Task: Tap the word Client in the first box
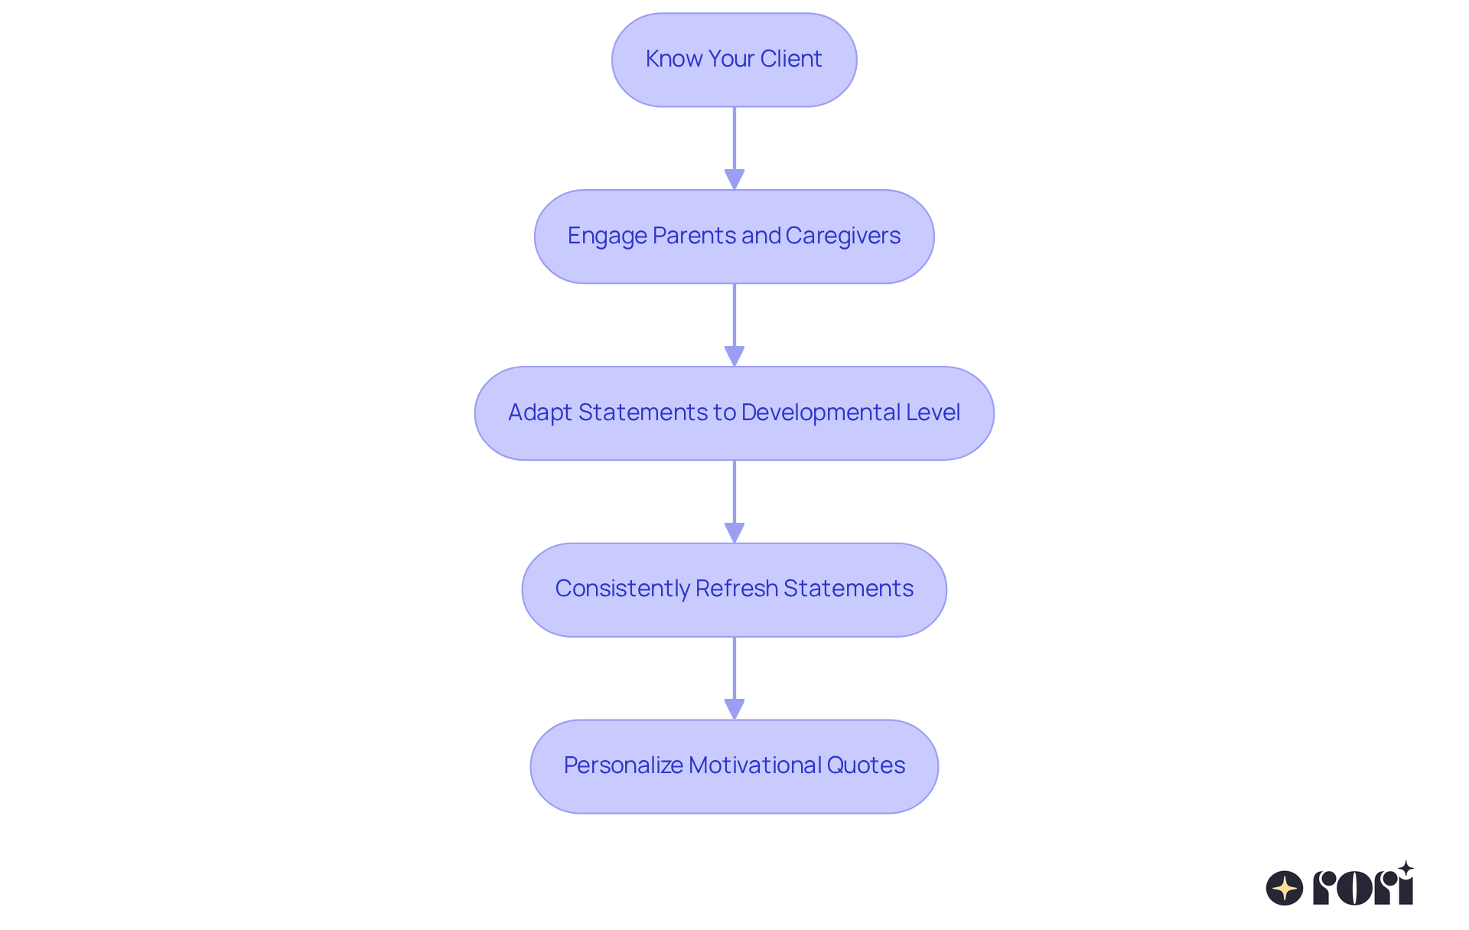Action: pos(790,59)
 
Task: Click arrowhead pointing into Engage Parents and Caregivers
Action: pos(734,179)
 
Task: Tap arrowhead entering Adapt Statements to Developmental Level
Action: pos(734,356)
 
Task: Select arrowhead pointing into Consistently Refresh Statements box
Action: pos(734,533)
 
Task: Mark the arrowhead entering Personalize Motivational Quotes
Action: pos(734,709)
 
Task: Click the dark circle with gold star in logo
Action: pos(1284,888)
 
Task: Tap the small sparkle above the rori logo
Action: pos(1405,869)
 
